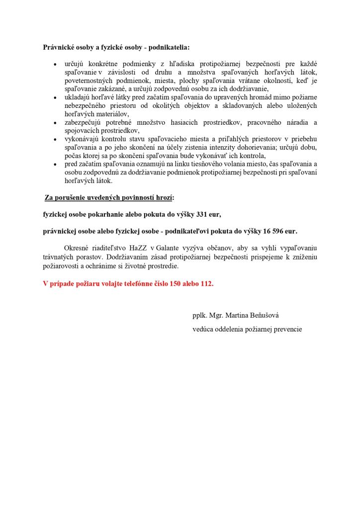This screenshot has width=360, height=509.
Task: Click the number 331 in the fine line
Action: pos(194,215)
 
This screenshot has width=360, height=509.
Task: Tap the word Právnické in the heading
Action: pos(59,48)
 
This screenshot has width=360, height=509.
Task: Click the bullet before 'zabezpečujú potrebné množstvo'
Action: pos(55,123)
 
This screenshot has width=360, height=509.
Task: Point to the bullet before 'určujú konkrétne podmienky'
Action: pos(55,65)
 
